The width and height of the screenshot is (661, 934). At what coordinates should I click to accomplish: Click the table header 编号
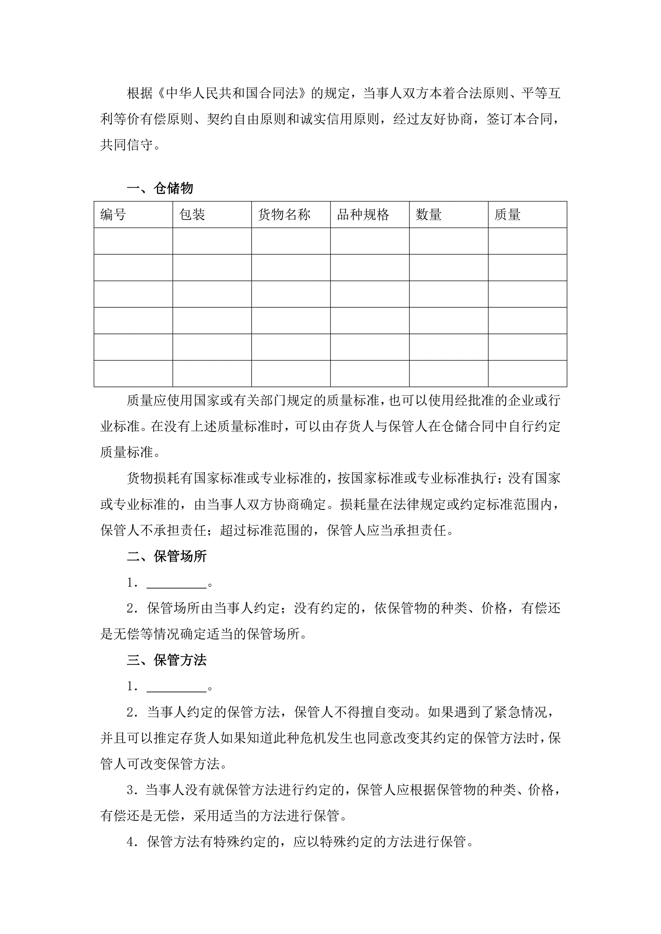pyautogui.click(x=113, y=214)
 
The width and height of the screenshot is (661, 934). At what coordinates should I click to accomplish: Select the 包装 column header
pyautogui.click(x=192, y=214)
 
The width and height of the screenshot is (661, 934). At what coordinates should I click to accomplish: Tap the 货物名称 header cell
pyautogui.click(x=284, y=214)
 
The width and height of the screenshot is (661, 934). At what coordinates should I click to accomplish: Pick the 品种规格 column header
pyautogui.click(x=363, y=214)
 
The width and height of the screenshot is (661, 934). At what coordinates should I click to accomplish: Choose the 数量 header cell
pyautogui.click(x=428, y=214)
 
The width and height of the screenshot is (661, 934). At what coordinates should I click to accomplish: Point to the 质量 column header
pyautogui.click(x=508, y=214)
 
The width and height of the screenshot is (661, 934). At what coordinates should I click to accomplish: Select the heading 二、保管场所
pyautogui.click(x=167, y=556)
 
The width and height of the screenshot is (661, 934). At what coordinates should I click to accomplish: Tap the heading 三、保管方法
pyautogui.click(x=167, y=660)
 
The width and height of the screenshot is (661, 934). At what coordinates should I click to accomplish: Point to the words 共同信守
pyautogui.click(x=127, y=145)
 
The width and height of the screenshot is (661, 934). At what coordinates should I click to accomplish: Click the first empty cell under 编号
pyautogui.click(x=133, y=241)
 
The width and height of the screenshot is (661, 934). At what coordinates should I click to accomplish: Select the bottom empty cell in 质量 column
pyautogui.click(x=527, y=374)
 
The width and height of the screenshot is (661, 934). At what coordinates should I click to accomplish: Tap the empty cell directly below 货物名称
pyautogui.click(x=291, y=241)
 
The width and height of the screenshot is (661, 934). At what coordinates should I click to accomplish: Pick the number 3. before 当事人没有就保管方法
pyautogui.click(x=132, y=790)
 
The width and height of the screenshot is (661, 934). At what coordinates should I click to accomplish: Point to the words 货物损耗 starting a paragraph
pyautogui.click(x=153, y=478)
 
